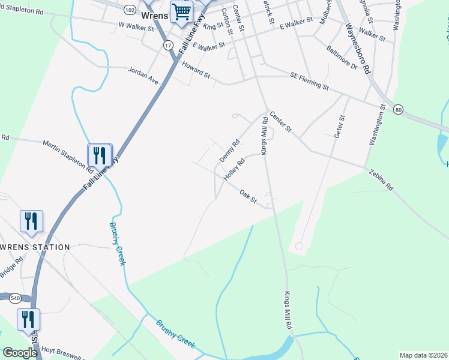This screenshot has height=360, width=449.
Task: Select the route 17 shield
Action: [168, 45]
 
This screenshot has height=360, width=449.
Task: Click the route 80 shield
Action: [397, 109]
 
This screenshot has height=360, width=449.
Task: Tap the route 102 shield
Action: [130, 10]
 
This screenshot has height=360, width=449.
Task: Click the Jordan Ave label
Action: [143, 76]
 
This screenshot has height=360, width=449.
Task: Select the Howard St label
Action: [197, 73]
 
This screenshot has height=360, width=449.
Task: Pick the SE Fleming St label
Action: [309, 81]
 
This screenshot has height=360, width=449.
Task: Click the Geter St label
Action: [339, 127]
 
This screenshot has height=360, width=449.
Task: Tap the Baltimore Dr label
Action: [342, 58]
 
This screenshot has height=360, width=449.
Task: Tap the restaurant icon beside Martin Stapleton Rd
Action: [100, 155]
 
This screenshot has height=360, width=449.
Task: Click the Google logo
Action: [20, 352]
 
